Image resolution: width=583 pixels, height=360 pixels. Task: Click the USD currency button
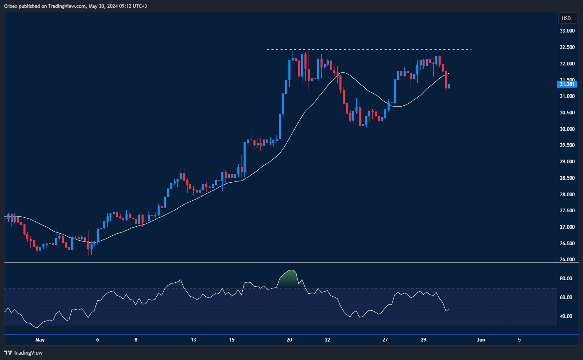coord(567,18)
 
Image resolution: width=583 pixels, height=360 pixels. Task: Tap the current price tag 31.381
coord(567,84)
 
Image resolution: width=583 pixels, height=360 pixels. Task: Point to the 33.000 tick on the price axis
coord(567,31)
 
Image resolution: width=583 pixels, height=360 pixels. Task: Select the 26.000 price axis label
coord(567,260)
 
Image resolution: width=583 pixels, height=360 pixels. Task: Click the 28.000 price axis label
coord(567,194)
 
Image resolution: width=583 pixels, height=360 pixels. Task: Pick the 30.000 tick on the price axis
coord(567,129)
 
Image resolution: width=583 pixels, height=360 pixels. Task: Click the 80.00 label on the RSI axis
coord(566,279)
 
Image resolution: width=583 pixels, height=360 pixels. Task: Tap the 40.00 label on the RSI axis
coord(566,316)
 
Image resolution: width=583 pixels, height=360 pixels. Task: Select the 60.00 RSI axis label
coord(566,297)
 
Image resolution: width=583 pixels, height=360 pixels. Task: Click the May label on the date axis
coord(40,340)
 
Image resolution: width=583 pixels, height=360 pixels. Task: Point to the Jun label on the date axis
coord(481,340)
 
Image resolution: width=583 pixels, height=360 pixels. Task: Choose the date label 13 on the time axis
coord(193,340)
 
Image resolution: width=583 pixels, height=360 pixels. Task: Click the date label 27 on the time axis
coord(385,340)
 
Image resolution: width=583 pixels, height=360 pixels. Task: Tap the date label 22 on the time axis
coord(328,340)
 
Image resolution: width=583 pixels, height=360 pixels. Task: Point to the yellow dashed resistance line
coord(370,50)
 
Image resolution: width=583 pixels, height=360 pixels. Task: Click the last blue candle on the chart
coord(449,86)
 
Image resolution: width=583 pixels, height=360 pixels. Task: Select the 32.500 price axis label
coord(567,47)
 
